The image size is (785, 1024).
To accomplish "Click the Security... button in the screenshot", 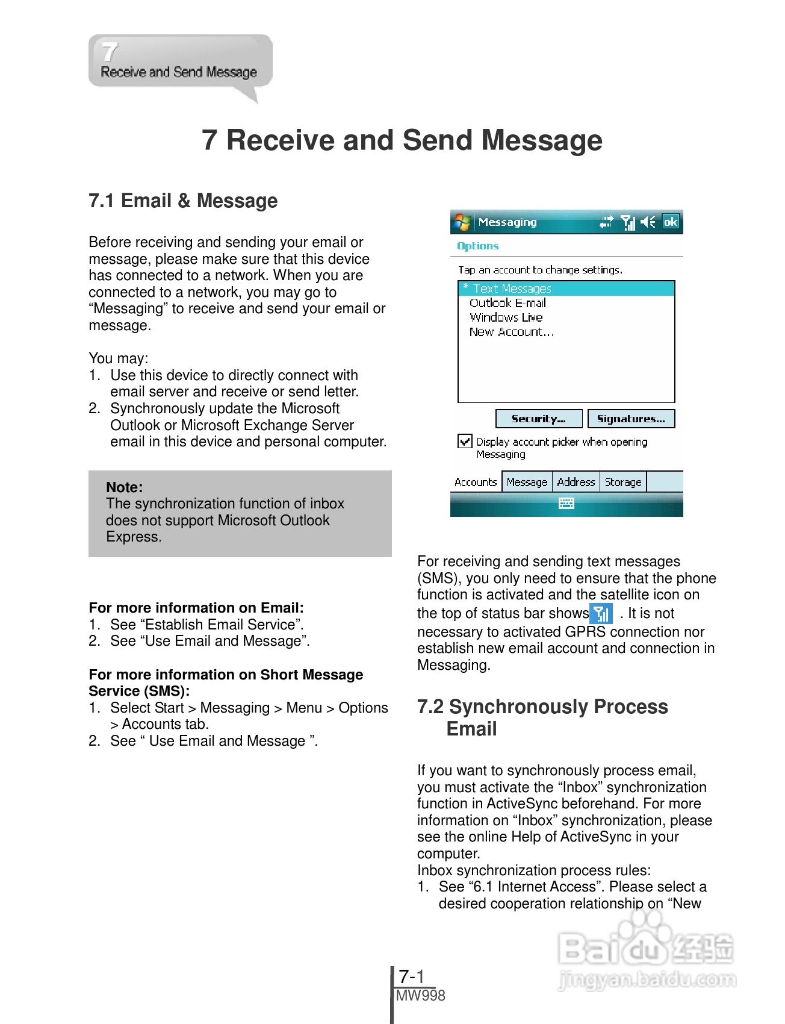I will (x=538, y=419).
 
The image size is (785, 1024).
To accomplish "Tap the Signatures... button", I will (x=630, y=419).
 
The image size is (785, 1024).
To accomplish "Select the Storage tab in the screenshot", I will (x=622, y=482).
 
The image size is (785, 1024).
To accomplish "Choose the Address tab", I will (x=576, y=482).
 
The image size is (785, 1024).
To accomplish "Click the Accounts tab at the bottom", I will (x=476, y=482).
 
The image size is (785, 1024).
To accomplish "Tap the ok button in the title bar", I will (x=671, y=222).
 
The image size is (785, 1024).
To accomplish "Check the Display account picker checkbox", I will (x=465, y=442).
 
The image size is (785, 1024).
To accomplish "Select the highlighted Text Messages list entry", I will (x=512, y=289).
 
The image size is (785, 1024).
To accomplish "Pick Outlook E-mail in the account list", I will (x=507, y=303).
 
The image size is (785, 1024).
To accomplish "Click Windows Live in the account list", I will (x=506, y=317).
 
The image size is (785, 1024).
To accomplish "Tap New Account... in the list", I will (x=511, y=332).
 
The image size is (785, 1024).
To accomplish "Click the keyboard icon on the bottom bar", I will (x=566, y=504).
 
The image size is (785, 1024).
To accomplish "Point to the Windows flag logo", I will (x=462, y=222).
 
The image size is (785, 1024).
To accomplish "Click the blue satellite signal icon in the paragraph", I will (x=601, y=613).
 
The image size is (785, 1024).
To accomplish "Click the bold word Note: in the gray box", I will (x=125, y=487).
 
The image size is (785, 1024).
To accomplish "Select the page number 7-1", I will (x=412, y=976).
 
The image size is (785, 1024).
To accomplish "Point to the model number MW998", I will (x=421, y=996).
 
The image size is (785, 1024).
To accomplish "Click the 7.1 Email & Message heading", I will (x=183, y=201).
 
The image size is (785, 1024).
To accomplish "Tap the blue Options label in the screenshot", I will (x=477, y=246).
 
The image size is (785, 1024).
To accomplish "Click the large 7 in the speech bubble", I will (x=110, y=52).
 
